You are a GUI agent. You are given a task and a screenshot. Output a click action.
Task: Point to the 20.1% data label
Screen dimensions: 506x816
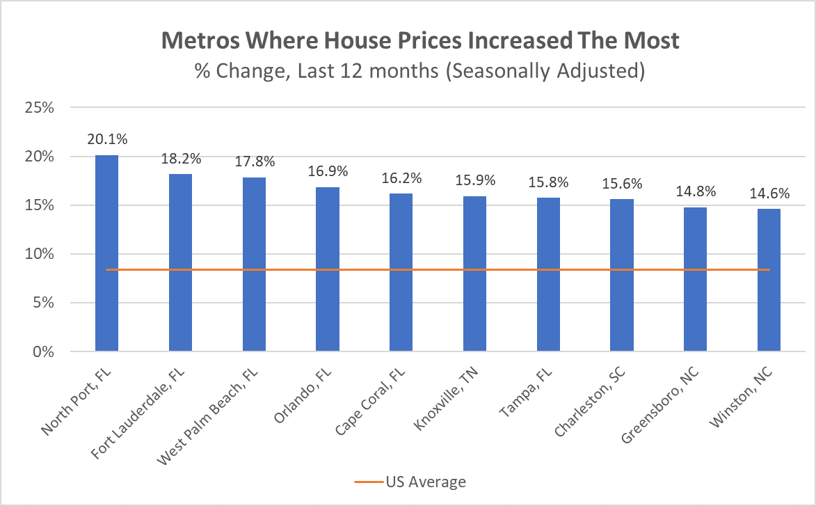(x=106, y=139)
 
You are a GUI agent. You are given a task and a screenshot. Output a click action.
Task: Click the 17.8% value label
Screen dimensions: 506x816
(x=254, y=161)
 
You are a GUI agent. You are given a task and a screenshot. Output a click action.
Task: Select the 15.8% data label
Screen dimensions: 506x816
(x=548, y=182)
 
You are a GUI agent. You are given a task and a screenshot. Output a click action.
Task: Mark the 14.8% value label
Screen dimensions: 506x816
(x=696, y=191)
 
